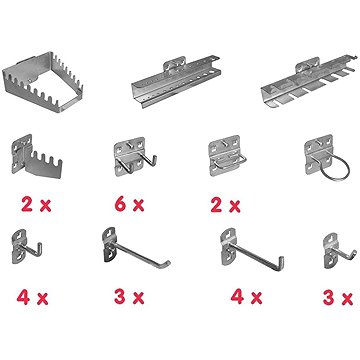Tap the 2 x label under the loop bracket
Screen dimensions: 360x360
(x=225, y=205)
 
